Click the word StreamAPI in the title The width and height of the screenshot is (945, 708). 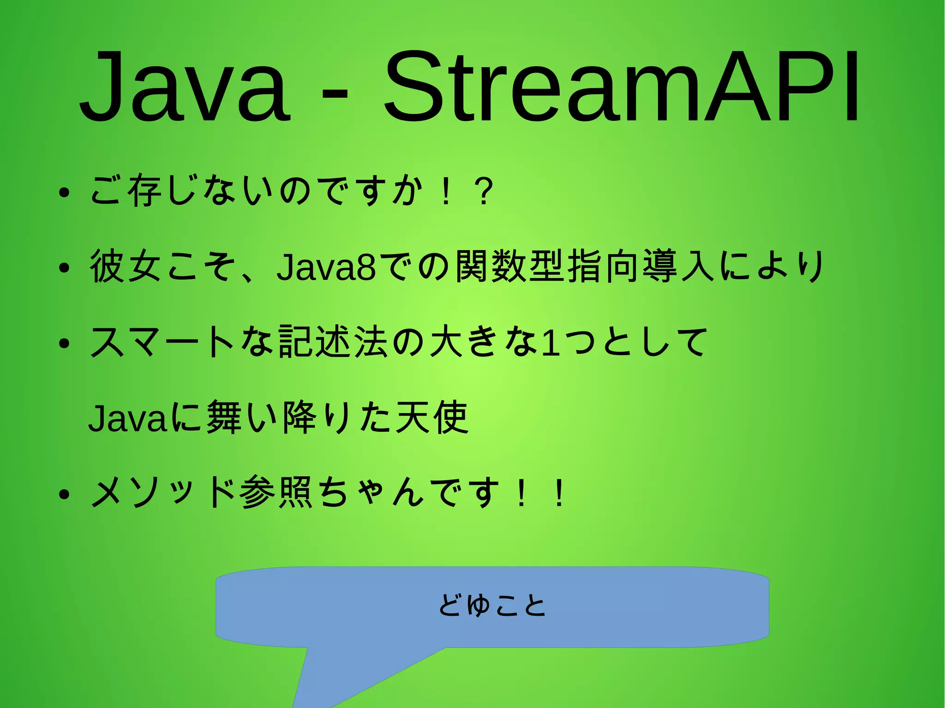(621, 88)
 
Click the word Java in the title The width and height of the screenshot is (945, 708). (185, 88)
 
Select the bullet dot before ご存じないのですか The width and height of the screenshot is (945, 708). (64, 192)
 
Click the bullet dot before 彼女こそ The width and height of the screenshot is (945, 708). (64, 268)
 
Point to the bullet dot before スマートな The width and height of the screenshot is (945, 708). (64, 344)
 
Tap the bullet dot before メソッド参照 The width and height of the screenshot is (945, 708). (64, 494)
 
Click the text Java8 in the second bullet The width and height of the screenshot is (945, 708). (326, 267)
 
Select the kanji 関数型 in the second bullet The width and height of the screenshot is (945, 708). (510, 266)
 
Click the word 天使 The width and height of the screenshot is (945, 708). (432, 417)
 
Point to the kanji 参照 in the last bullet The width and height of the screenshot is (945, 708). (277, 493)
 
